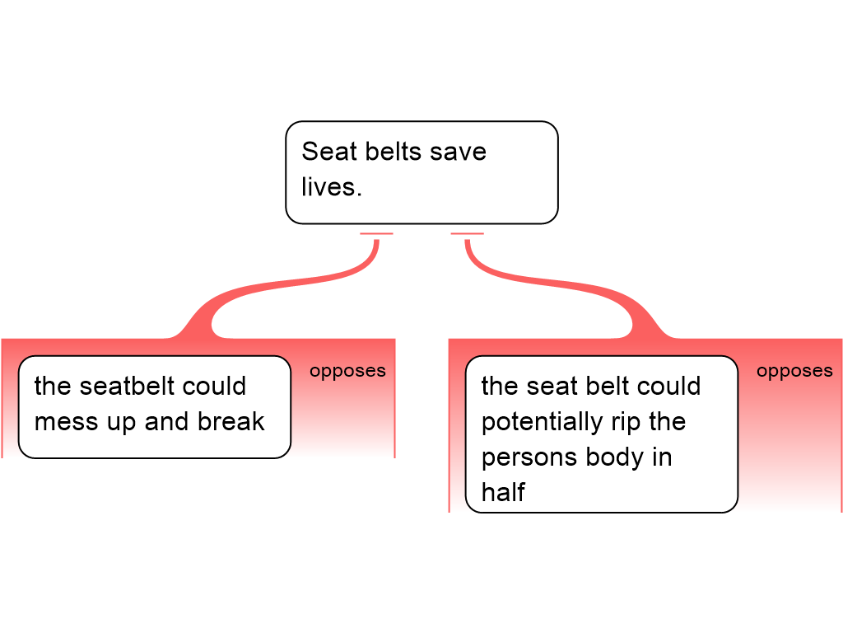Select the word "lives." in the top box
tap(332, 187)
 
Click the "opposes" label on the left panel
tap(347, 371)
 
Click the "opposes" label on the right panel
tap(794, 371)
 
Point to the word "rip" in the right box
tap(626, 421)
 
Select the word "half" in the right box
tap(503, 492)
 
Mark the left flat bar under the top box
tap(376, 234)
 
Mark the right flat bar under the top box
tap(467, 234)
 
